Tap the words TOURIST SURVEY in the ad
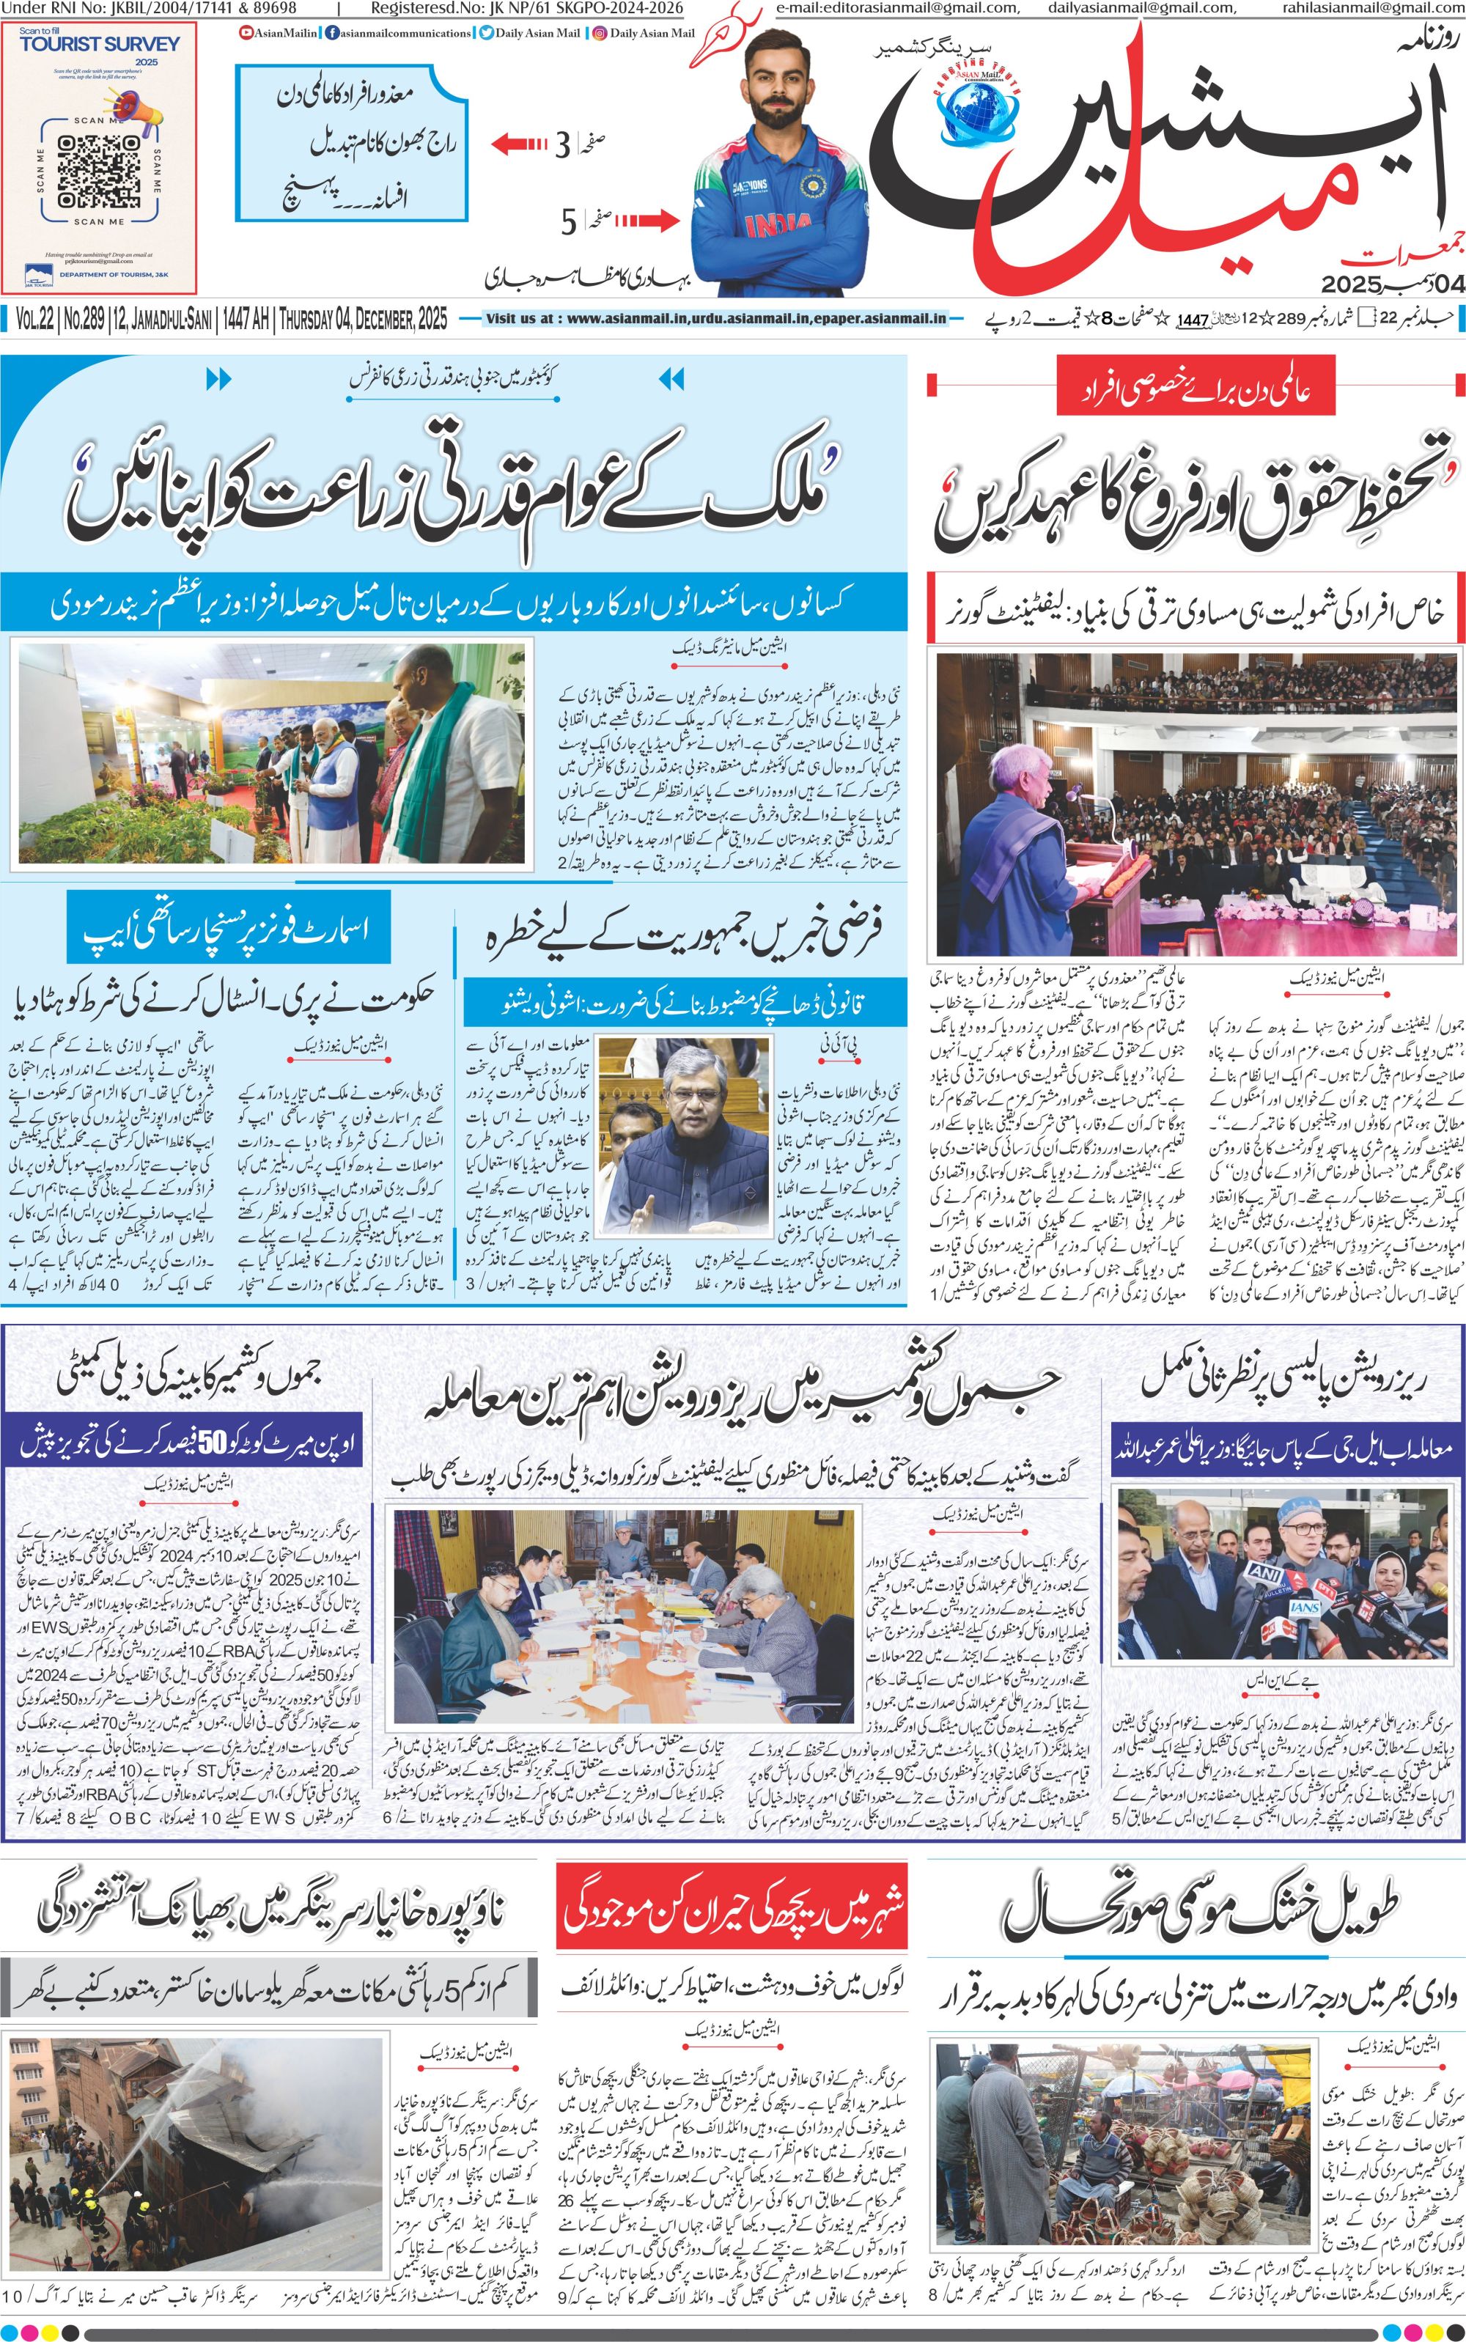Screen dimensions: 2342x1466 pos(99,45)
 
